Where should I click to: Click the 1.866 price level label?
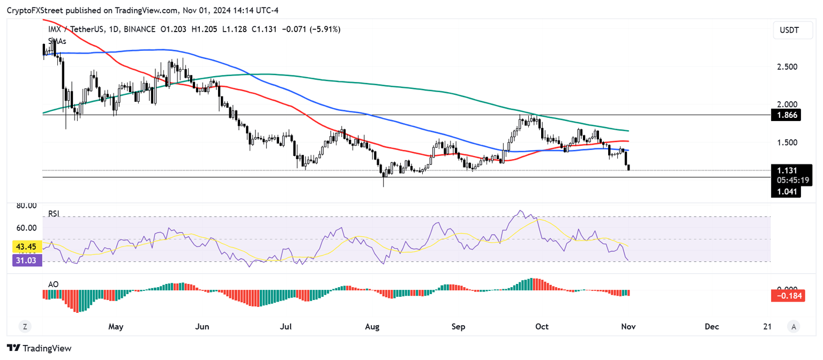click(785, 115)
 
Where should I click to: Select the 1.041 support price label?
click(785, 192)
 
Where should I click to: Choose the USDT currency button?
click(790, 31)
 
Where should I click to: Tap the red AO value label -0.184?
click(787, 295)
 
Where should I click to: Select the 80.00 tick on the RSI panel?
click(26, 205)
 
